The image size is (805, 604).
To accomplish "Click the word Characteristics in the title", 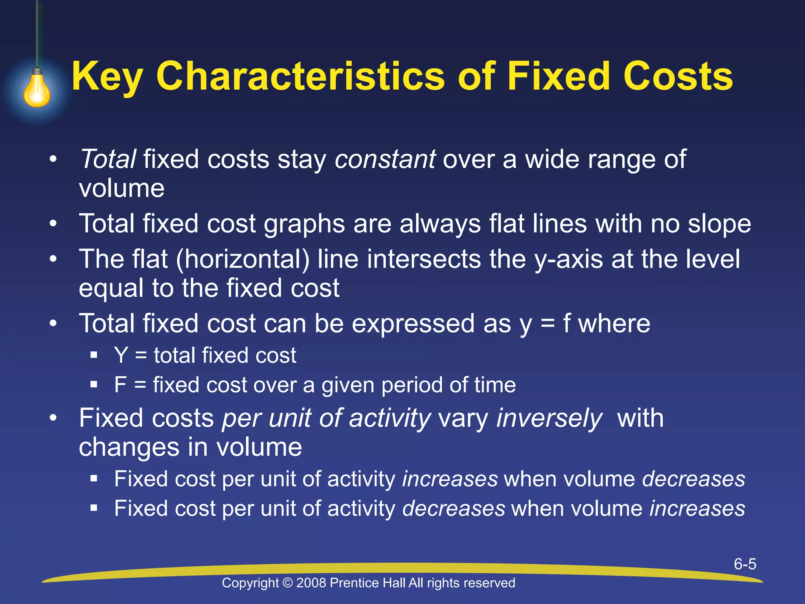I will click(x=300, y=76).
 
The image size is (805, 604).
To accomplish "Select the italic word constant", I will click(x=385, y=160).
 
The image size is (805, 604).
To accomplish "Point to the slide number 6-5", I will click(x=745, y=564).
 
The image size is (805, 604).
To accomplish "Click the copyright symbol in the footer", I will click(x=288, y=583).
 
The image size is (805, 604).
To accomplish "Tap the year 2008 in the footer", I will click(x=311, y=583).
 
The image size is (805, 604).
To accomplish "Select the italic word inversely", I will click(x=549, y=418).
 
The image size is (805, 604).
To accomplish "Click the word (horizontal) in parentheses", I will click(x=243, y=260).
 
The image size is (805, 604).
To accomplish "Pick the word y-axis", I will click(x=568, y=260).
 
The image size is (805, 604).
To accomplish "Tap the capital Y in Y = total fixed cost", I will click(x=121, y=355).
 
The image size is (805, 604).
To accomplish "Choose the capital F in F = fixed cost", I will click(x=120, y=385).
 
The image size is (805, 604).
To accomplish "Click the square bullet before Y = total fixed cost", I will click(x=94, y=355).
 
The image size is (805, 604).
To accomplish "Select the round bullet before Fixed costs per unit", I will click(x=53, y=418).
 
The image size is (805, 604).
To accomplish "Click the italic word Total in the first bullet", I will click(x=108, y=160).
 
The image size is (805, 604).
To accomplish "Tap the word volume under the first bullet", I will click(x=121, y=189).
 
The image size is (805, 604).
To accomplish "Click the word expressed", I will click(x=413, y=324).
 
